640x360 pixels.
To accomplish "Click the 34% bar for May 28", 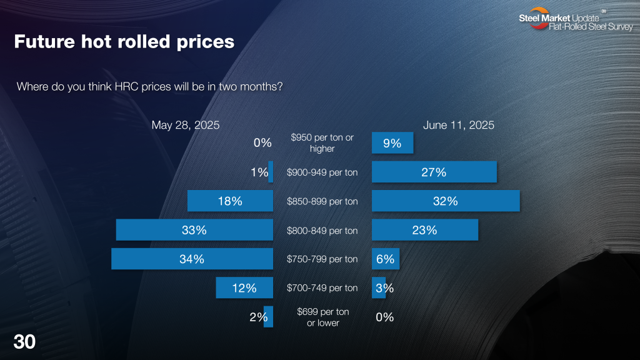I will [x=192, y=259].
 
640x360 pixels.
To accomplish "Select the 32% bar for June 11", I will [x=446, y=201].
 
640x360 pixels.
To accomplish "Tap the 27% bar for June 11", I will [x=434, y=172].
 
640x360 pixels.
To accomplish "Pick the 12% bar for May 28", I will [x=244, y=288].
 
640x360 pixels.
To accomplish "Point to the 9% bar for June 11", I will [x=392, y=143].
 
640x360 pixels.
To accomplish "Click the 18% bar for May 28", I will [x=230, y=201].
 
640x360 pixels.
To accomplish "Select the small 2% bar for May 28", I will [x=268, y=317].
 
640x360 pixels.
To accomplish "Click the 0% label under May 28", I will [x=262, y=143].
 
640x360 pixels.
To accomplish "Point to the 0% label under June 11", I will [x=384, y=317].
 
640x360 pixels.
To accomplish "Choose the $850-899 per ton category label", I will [x=322, y=201].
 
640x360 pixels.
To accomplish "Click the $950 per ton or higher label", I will [x=322, y=143].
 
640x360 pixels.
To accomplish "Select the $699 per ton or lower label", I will [x=322, y=317].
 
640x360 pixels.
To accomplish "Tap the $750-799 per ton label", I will [x=322, y=259].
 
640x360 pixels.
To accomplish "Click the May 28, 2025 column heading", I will [x=186, y=125].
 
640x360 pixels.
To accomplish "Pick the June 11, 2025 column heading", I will [x=459, y=125].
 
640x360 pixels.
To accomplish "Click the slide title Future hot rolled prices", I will [x=124, y=42].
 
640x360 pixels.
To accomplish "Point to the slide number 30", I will [x=24, y=342].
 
